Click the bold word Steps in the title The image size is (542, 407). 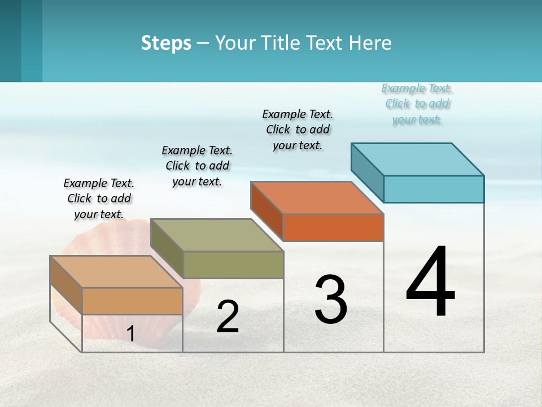click(x=166, y=43)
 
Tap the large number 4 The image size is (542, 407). click(x=430, y=283)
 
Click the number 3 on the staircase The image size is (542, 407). click(x=330, y=300)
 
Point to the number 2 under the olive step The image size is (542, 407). click(x=228, y=317)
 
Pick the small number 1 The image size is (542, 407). click(x=130, y=334)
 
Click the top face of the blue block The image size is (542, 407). click(x=418, y=159)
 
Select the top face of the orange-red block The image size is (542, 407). click(x=317, y=198)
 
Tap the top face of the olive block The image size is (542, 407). click(x=217, y=235)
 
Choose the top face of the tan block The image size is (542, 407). click(x=116, y=272)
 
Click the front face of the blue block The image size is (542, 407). click(x=434, y=189)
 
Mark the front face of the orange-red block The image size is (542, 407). click(x=333, y=228)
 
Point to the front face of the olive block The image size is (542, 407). click(x=233, y=265)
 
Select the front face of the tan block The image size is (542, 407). click(x=132, y=301)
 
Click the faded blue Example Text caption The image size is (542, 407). click(x=417, y=104)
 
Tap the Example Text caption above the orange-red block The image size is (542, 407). click(x=298, y=129)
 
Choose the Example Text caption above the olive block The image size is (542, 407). click(x=197, y=166)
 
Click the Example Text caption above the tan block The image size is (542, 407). click(x=99, y=198)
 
